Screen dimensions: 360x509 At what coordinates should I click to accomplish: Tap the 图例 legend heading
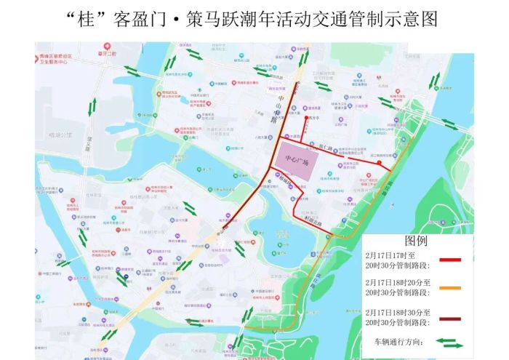[x=416, y=241]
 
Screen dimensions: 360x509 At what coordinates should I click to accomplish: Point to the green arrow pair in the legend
[x=450, y=341]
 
